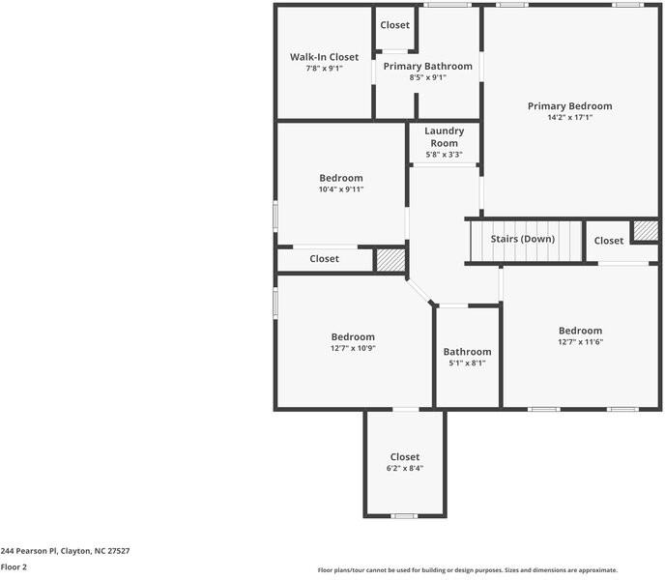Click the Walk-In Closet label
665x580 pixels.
(324, 57)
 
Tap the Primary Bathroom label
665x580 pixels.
(427, 67)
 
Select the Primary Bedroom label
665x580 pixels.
(569, 106)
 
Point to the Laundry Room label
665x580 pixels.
(444, 137)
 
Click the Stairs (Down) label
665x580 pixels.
(523, 239)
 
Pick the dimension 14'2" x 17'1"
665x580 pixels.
(569, 118)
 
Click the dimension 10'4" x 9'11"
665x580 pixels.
(341, 189)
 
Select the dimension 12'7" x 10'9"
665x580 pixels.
(353, 348)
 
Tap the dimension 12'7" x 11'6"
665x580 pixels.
(580, 341)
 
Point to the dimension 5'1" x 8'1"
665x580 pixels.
(467, 363)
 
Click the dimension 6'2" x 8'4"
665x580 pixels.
(405, 468)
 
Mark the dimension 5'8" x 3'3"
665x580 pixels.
(444, 155)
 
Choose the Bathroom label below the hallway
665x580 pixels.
(467, 352)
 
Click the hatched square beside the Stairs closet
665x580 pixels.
(645, 232)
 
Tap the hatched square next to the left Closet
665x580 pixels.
(390, 259)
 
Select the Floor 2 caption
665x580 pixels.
(14, 567)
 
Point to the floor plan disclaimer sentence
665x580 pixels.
(467, 570)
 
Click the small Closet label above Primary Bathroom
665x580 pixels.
(394, 25)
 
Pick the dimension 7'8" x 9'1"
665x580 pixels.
(324, 69)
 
